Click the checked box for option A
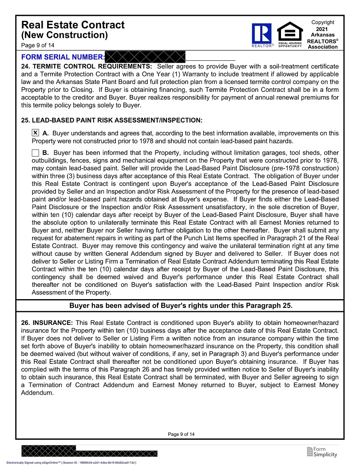(36, 133)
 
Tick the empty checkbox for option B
(36, 153)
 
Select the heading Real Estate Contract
(73, 25)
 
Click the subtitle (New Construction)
(64, 35)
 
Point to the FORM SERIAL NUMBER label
(63, 57)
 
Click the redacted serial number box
(145, 56)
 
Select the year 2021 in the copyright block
(323, 29)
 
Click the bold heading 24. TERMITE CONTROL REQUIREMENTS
(87, 67)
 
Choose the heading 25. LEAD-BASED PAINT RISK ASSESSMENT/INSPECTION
(112, 120)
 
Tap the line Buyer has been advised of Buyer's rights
(181, 306)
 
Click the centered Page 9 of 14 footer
(181, 434)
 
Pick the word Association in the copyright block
(323, 47)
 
